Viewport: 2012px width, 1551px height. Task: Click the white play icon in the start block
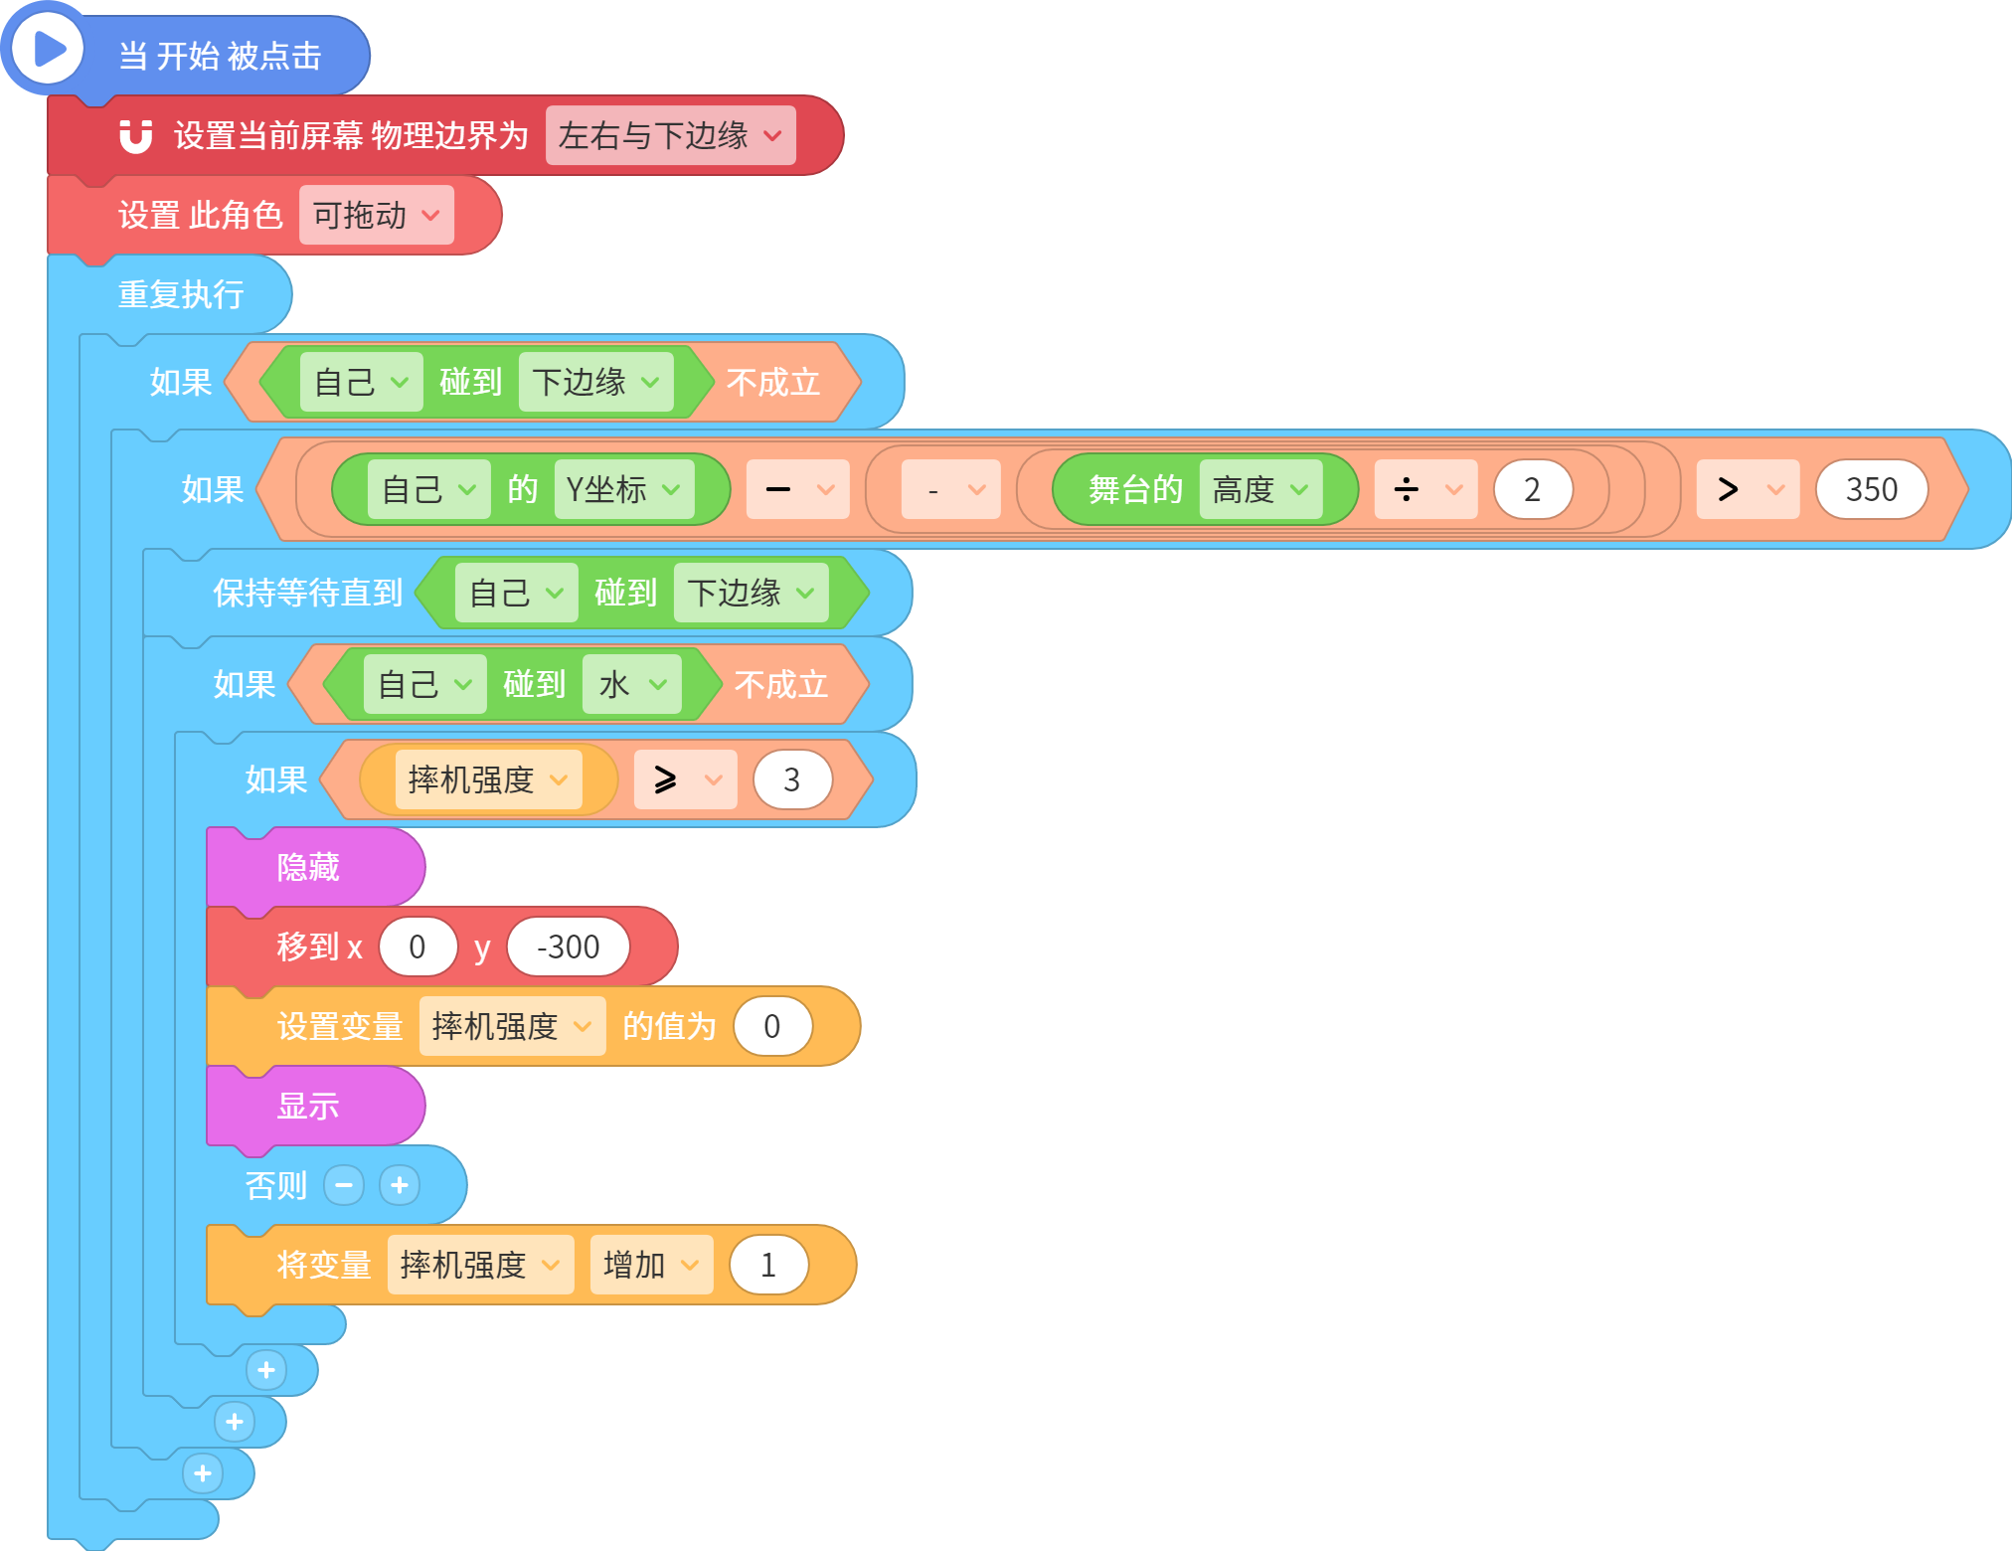[47, 48]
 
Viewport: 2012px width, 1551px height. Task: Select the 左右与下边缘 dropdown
[671, 135]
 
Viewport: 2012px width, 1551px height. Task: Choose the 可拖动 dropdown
[377, 215]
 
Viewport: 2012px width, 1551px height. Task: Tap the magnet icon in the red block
[136, 136]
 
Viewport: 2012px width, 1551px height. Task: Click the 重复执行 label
[181, 294]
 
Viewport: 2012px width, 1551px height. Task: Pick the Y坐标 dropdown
[624, 489]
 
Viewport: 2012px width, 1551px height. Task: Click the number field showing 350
[1872, 489]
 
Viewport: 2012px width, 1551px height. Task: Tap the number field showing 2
[1533, 489]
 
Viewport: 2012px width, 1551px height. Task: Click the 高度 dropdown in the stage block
[1260, 489]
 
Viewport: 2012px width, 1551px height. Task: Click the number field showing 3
[792, 779]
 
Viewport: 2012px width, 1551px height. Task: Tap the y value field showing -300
[569, 947]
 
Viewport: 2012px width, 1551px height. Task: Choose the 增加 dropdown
[652, 1265]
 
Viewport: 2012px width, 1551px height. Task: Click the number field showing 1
[768, 1265]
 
